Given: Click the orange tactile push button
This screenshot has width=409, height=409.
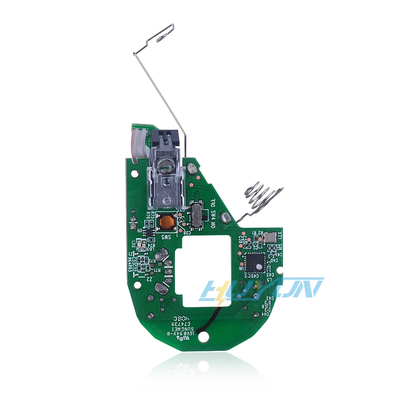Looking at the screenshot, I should (x=166, y=222).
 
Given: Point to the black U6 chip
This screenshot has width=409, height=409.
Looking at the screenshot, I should (x=253, y=262).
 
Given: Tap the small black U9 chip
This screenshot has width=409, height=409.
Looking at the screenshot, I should (x=150, y=232).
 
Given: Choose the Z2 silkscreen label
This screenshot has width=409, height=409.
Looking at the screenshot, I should (x=150, y=279).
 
